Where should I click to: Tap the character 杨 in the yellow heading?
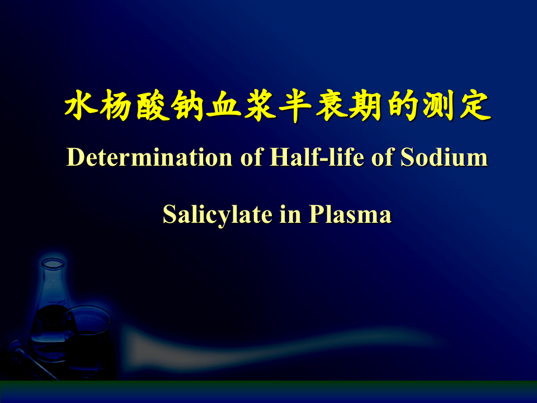click(117, 106)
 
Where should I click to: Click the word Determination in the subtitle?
click(149, 158)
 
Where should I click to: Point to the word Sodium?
click(444, 158)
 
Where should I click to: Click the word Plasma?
click(350, 215)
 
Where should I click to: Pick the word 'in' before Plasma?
click(290, 215)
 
